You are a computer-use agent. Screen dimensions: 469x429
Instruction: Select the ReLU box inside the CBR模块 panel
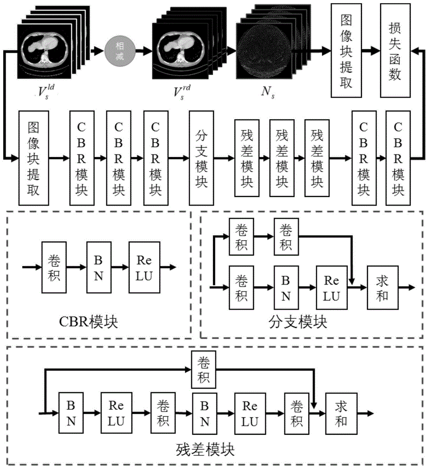click(x=145, y=267)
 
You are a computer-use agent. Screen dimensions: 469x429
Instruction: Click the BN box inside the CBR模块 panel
click(x=99, y=267)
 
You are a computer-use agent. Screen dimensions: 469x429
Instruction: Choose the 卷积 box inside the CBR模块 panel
click(x=54, y=267)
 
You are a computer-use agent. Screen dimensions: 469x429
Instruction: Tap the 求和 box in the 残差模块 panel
click(x=341, y=414)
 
